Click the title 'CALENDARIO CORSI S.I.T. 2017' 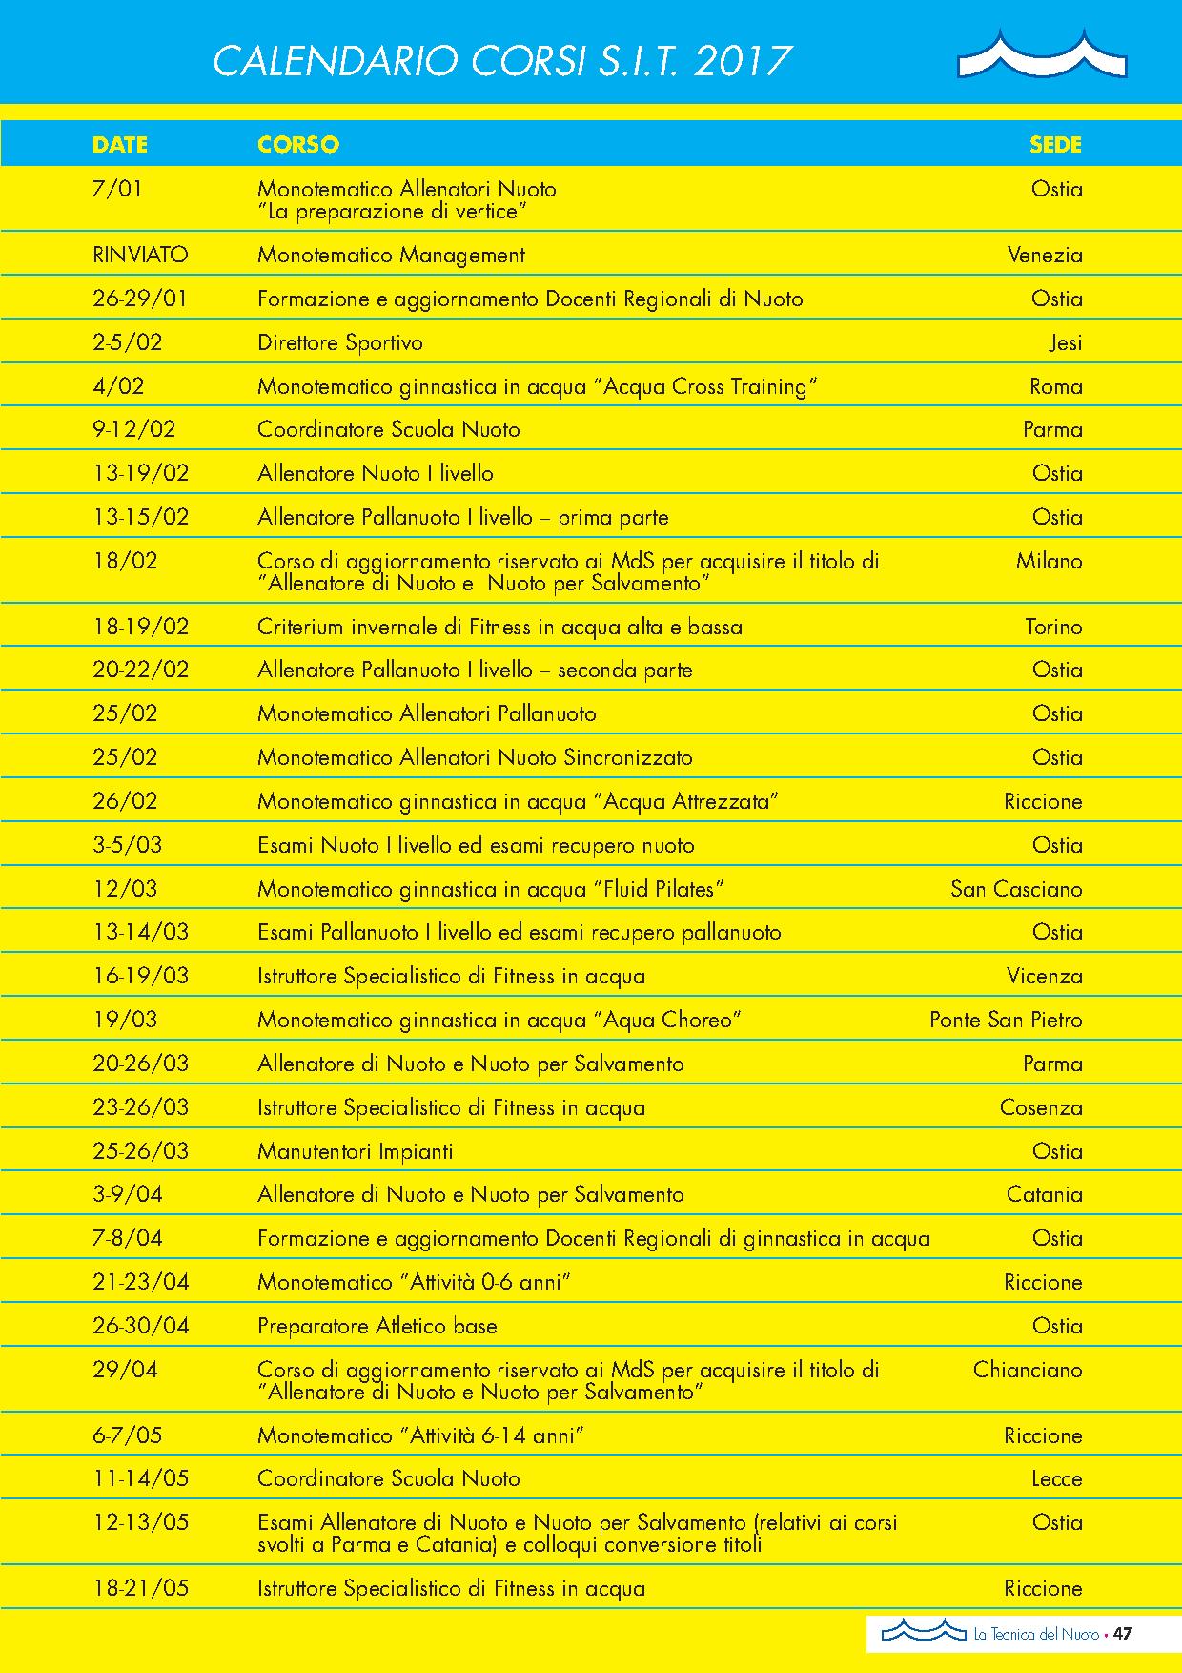[x=502, y=62]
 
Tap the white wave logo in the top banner [x=1041, y=56]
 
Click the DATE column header [x=120, y=145]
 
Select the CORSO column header [x=298, y=145]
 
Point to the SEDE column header [x=1055, y=145]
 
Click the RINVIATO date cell [x=140, y=255]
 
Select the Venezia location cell [x=1045, y=255]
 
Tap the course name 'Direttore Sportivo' [x=340, y=342]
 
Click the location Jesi [x=1065, y=342]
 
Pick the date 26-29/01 [x=140, y=299]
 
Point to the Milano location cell [x=1049, y=561]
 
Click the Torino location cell [x=1053, y=627]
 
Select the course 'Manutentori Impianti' [x=356, y=1151]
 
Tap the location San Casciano [x=1016, y=889]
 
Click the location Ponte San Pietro [x=1006, y=1020]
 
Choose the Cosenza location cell [x=1041, y=1107]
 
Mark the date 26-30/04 [x=141, y=1326]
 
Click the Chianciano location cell [x=1028, y=1370]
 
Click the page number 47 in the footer [x=1122, y=1634]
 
